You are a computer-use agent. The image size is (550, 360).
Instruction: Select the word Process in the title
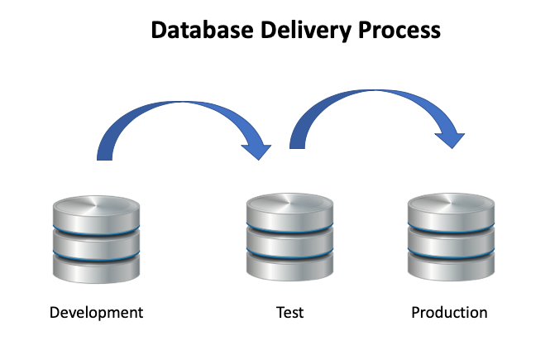coord(399,31)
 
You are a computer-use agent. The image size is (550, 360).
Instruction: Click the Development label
coord(96,313)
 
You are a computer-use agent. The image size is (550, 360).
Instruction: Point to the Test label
coord(289,313)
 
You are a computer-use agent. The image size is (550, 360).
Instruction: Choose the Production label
coord(449,313)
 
